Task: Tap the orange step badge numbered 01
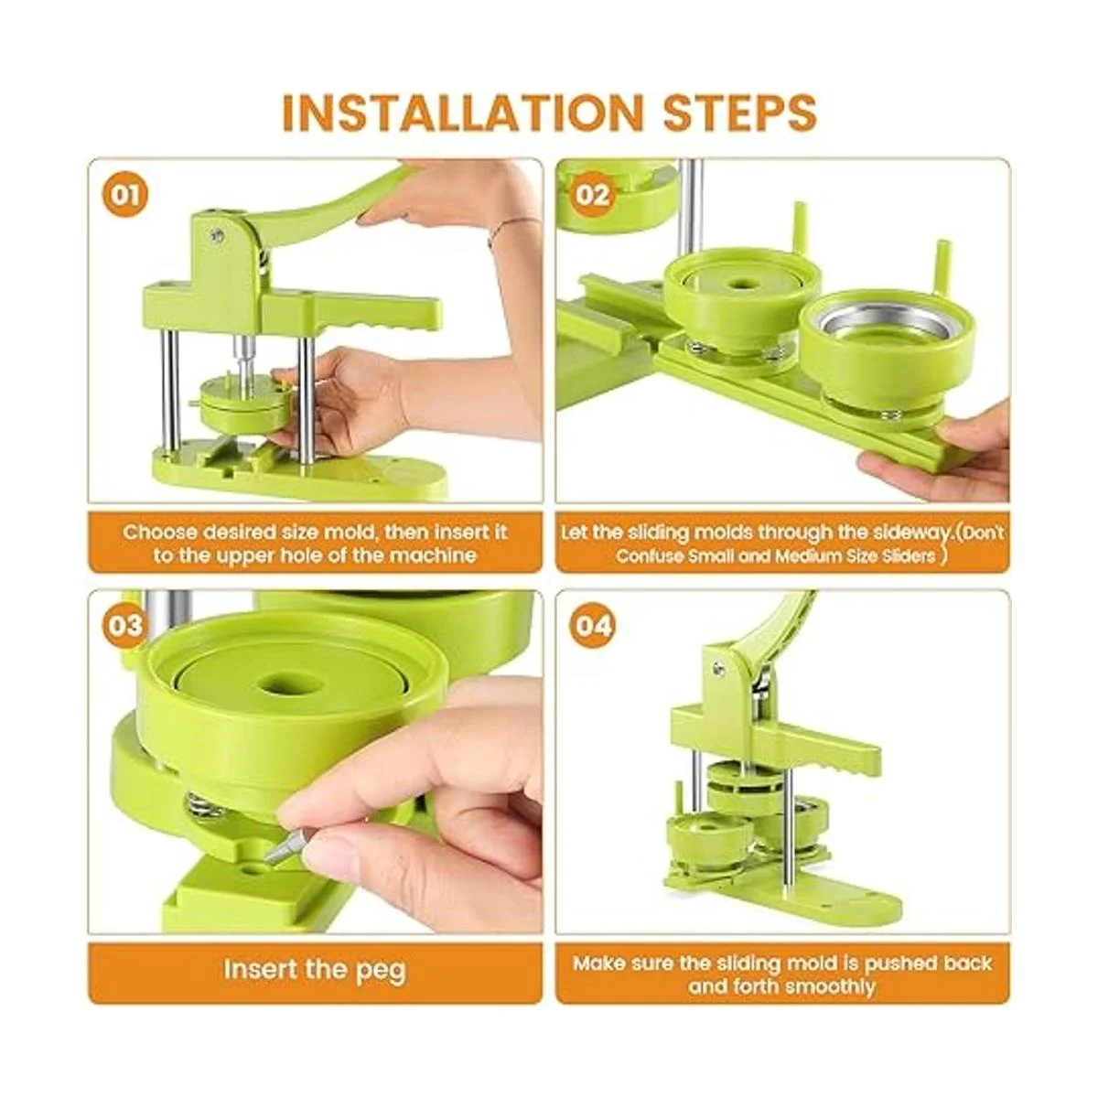point(124,196)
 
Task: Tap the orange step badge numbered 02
point(592,196)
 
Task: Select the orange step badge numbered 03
point(124,626)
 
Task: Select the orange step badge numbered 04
point(592,626)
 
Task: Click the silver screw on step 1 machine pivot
point(215,234)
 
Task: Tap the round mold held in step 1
point(245,404)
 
